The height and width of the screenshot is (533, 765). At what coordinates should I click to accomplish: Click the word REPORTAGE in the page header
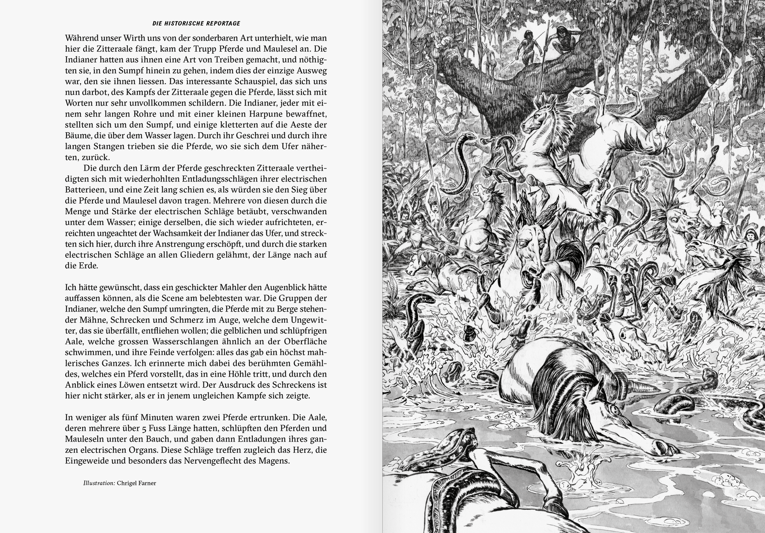223,23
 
